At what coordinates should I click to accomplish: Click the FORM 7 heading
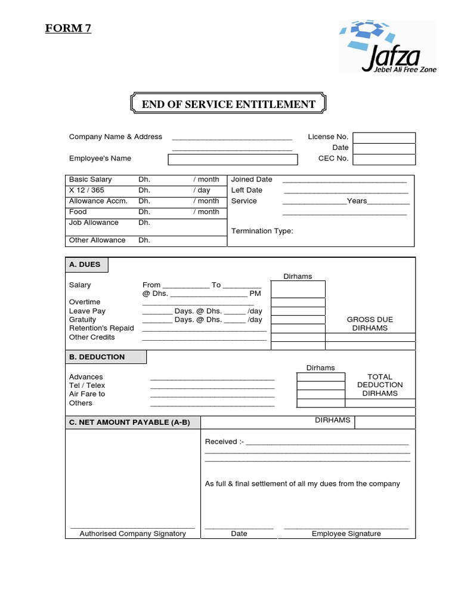point(68,28)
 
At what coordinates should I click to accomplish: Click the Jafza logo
point(388,47)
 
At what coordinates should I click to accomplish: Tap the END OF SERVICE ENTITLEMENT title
point(228,104)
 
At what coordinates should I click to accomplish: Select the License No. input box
point(383,137)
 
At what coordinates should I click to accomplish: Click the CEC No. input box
point(383,159)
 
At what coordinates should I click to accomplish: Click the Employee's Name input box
point(232,159)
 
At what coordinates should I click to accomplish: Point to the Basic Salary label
point(90,180)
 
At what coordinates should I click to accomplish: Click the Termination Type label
point(262,231)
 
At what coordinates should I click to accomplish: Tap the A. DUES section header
point(85,264)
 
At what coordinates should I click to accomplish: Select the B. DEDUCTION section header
point(97,357)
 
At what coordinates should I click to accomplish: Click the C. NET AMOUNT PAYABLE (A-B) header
point(129,422)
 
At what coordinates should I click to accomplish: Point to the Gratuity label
point(82,320)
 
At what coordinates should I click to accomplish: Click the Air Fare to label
point(87,394)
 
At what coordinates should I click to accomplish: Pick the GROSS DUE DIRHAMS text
point(370,324)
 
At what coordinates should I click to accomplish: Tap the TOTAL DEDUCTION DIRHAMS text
point(380,385)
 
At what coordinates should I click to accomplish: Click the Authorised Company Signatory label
point(133,533)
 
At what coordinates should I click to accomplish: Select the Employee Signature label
point(346,533)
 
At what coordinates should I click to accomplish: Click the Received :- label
point(224,442)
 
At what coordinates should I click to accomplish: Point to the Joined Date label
point(252,180)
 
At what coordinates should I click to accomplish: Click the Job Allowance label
point(94,223)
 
